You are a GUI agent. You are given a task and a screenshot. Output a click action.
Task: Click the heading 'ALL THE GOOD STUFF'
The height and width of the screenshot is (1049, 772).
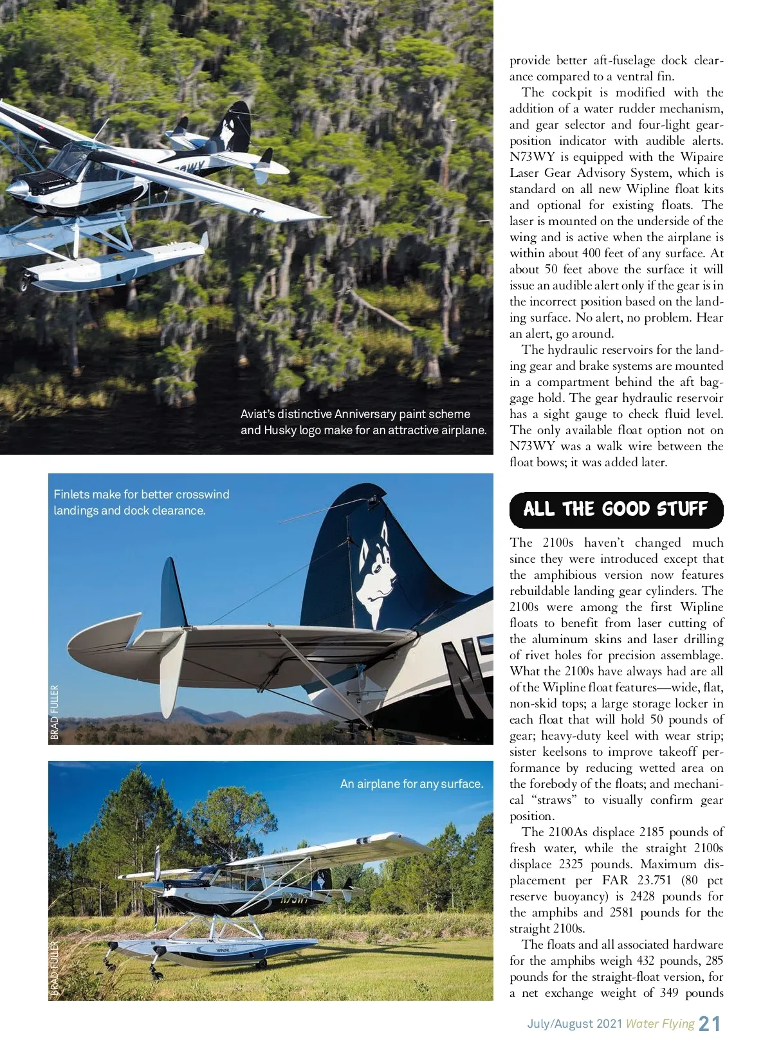pos(616,509)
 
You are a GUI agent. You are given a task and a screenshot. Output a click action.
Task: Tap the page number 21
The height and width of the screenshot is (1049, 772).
pos(710,1023)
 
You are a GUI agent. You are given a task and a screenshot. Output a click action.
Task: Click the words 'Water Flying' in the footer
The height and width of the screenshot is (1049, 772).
pos(660,1023)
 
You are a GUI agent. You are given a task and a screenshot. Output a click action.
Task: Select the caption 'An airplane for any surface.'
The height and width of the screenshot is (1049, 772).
pos(412,783)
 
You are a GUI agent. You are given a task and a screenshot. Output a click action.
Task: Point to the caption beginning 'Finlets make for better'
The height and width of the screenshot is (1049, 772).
pos(142,502)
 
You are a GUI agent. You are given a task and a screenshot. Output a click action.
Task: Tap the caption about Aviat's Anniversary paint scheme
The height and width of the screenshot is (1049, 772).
pos(363,422)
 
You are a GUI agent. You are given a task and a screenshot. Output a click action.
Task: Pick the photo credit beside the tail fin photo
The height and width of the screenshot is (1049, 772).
pos(55,711)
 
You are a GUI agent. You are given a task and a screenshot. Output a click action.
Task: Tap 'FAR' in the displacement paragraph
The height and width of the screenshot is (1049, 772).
pos(614,880)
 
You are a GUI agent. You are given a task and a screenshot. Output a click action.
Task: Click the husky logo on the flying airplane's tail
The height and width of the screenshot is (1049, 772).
pos(226,132)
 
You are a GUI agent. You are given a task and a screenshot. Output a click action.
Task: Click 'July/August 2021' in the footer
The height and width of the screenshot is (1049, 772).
pos(574,1023)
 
